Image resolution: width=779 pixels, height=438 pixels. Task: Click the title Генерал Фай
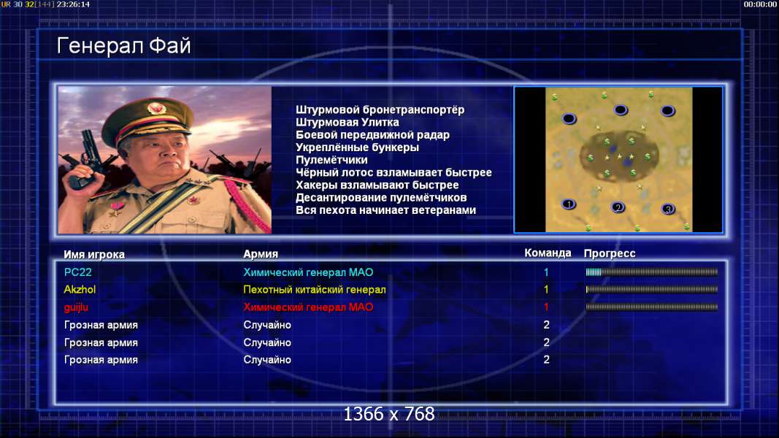123,46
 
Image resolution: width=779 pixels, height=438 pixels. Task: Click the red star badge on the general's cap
156,108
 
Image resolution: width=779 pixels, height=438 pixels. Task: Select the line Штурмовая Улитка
348,122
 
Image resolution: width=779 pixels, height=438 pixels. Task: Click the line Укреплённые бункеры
357,147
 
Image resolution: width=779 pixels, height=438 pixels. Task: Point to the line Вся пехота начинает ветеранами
385,210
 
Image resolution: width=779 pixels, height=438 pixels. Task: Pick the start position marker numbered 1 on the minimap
568,204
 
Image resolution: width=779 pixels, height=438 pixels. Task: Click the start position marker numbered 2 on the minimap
618,207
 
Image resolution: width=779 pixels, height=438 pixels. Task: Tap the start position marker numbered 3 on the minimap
668,209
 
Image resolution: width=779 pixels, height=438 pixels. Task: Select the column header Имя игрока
94,254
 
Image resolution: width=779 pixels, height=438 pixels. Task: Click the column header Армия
261,254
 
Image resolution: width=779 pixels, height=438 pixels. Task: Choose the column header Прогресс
610,253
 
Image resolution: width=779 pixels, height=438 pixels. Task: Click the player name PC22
77,272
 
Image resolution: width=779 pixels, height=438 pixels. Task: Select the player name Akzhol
80,290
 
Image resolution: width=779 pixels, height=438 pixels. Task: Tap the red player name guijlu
76,307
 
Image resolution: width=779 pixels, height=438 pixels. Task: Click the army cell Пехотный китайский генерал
315,290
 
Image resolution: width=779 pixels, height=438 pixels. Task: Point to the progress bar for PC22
652,272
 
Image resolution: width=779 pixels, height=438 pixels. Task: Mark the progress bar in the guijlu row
652,307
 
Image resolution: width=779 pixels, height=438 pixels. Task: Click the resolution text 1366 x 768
389,414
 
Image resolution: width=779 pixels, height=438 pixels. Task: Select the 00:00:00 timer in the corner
760,4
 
